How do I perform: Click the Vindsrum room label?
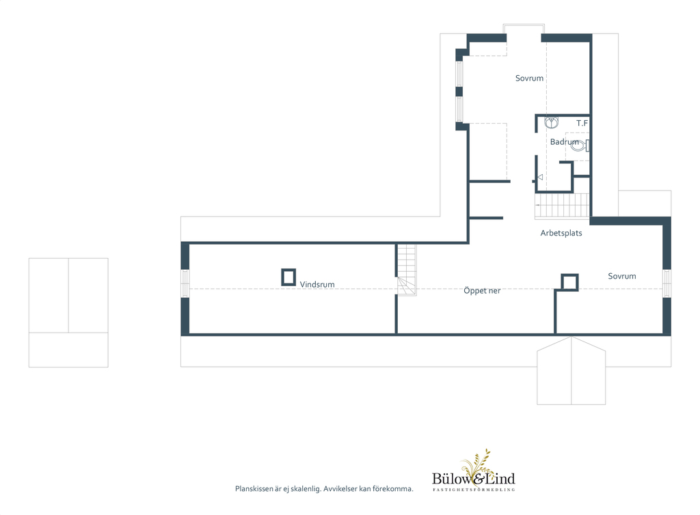317,284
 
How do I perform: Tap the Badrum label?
564,142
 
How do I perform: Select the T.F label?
582,123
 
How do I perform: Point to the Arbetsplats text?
561,233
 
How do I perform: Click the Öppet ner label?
482,291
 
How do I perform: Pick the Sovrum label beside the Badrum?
530,78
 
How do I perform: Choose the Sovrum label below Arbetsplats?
622,276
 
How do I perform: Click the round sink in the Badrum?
552,122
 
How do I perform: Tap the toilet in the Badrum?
580,145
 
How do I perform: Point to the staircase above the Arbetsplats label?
562,206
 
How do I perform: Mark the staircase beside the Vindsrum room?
407,270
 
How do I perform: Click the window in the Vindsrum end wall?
185,283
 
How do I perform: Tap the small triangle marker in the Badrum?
540,177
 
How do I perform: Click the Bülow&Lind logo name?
474,479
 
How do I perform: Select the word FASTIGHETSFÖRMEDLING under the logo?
474,490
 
